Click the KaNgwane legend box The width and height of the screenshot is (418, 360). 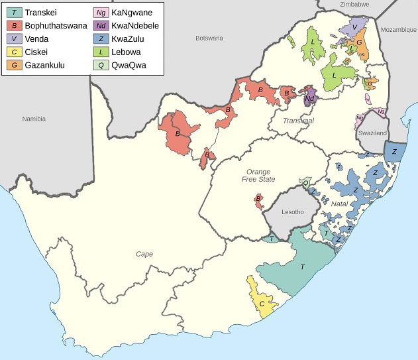pos(101,13)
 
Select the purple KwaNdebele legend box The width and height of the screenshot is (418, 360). pos(101,26)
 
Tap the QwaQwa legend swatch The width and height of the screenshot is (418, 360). pos(101,65)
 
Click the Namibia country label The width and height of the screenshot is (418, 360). pos(33,119)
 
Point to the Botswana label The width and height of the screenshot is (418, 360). pos(209,38)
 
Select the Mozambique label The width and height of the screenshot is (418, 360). pos(398,30)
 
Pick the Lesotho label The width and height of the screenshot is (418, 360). pos(292,212)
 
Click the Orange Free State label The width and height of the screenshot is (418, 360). pos(256,175)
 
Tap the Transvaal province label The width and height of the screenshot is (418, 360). pos(298,121)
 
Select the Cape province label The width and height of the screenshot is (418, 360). pos(144,254)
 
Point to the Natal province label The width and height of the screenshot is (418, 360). pos(339,204)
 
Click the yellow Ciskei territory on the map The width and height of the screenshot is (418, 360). pos(262,302)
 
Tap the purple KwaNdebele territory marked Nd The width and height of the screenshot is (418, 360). pos(310,99)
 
